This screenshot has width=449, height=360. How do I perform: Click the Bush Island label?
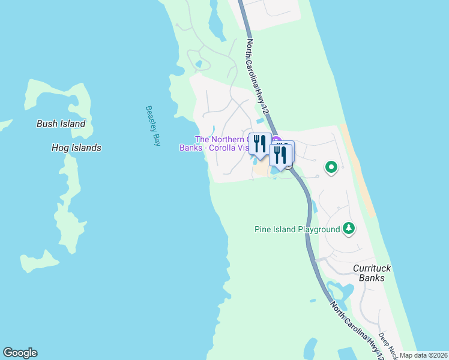coord(61,124)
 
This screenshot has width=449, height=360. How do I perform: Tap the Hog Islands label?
coord(76,148)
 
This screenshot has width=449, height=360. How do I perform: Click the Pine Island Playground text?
coord(297,229)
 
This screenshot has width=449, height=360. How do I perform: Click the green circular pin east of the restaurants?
coord(331,168)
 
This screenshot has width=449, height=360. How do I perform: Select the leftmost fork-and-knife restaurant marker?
coord(260,143)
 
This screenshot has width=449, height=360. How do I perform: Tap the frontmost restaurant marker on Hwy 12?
coord(279,155)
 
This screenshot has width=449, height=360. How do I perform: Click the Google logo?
coord(20,353)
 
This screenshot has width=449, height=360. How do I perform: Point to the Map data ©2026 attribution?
coord(424,355)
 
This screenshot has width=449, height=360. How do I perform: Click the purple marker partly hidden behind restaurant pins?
coord(276,140)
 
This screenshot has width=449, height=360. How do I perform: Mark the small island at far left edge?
coord(5,125)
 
